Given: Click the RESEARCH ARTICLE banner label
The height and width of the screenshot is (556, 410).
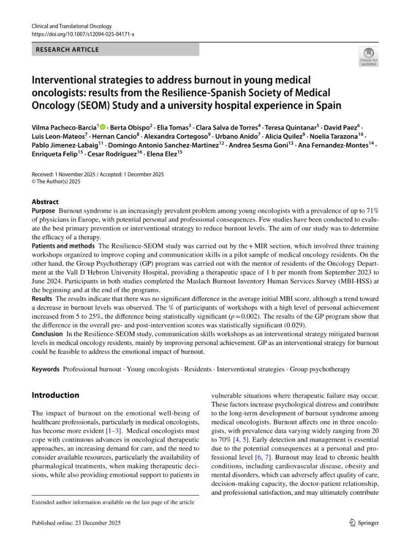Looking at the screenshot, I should (x=66, y=50).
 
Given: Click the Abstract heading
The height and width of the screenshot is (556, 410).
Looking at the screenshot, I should (x=45, y=202).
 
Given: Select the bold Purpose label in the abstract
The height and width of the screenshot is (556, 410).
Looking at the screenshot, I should (x=43, y=211).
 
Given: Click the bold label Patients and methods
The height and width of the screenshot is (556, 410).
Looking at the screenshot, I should (x=63, y=246).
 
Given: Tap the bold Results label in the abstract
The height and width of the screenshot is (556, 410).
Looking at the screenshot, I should (x=42, y=299).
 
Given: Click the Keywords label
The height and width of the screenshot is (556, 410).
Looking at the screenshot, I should (x=45, y=369).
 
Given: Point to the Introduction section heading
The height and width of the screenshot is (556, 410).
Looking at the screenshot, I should (x=56, y=395).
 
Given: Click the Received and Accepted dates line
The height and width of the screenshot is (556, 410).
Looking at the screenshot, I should (x=98, y=174).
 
